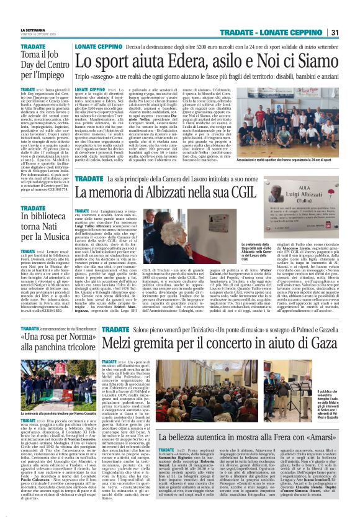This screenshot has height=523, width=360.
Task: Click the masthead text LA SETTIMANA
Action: pyautogui.click(x=33, y=30)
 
